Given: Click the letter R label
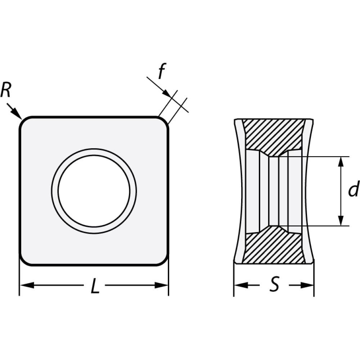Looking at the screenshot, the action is pyautogui.click(x=6, y=90).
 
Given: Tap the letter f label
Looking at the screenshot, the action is pyautogui.click(x=162, y=71).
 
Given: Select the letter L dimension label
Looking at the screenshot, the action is pyautogui.click(x=95, y=286).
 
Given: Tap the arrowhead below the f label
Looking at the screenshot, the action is pyautogui.click(x=167, y=93).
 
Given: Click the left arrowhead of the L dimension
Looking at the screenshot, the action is pyautogui.click(x=27, y=285).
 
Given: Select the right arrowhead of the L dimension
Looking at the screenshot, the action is pyautogui.click(x=161, y=285).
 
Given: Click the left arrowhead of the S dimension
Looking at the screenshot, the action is pyautogui.click(x=241, y=285).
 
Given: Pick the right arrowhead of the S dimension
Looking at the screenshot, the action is pyautogui.click(x=307, y=285).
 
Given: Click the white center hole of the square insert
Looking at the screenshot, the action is pyautogui.click(x=94, y=191).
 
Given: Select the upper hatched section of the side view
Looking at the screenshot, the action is pyautogui.click(x=274, y=135).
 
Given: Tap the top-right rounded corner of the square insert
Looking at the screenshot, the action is pyautogui.click(x=165, y=121).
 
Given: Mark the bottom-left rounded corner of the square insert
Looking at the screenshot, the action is pyautogui.click(x=23, y=261).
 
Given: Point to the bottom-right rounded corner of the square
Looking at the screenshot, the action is pyautogui.click(x=165, y=261).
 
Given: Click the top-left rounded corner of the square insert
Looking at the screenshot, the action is pyautogui.click(x=23, y=121).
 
